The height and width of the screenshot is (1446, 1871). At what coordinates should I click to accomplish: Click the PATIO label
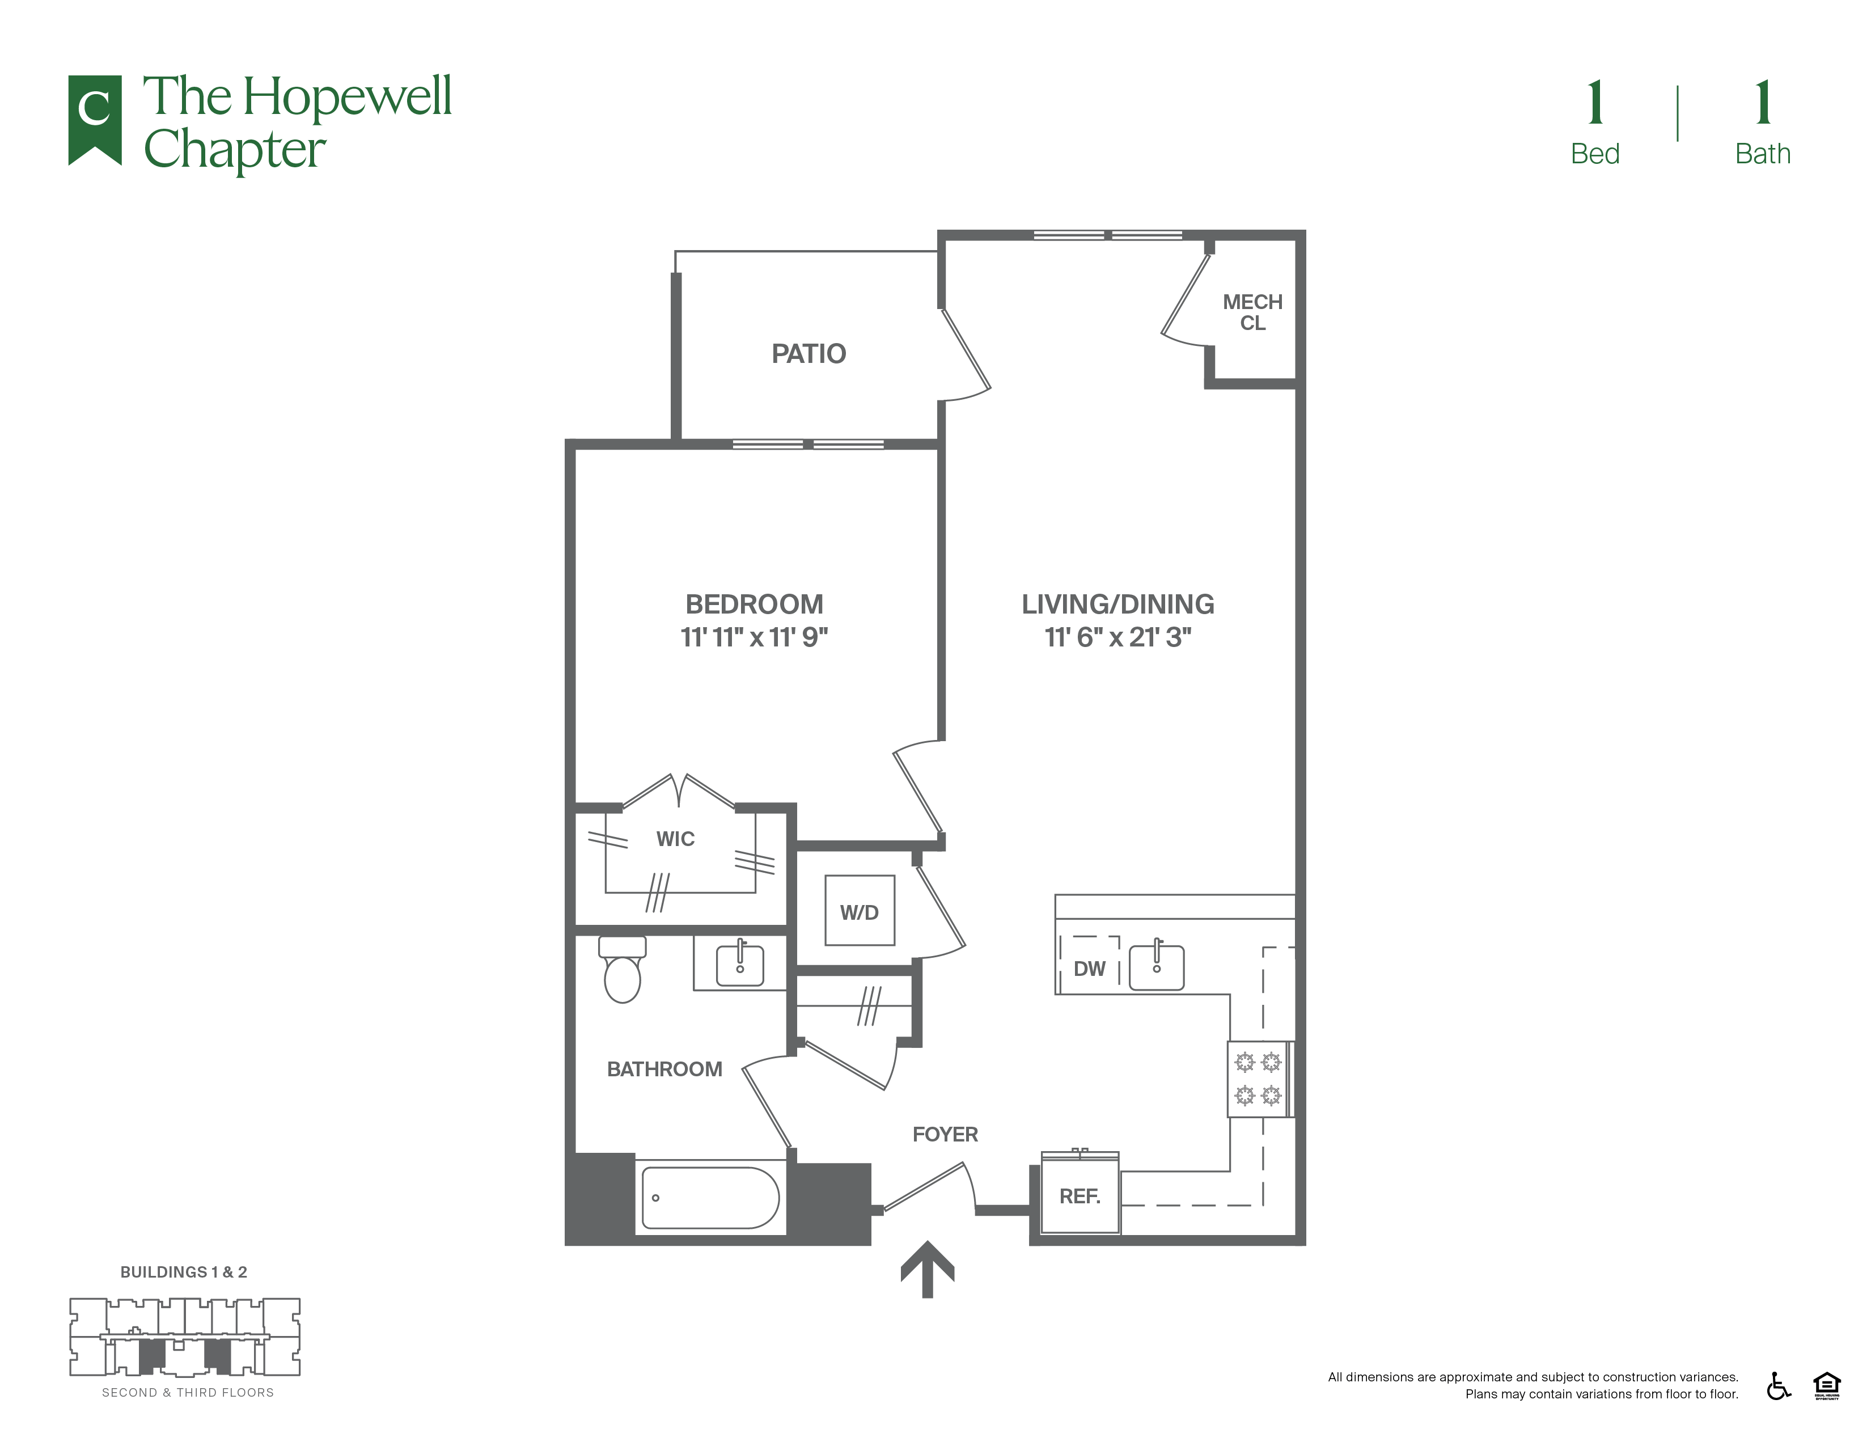[x=808, y=354]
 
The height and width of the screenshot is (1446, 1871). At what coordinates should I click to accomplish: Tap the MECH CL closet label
[x=1252, y=312]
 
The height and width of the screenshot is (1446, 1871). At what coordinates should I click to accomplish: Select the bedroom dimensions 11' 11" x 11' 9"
[x=754, y=637]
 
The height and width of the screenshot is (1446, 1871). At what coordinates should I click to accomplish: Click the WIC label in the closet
[x=675, y=839]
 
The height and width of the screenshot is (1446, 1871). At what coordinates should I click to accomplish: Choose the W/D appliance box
[x=860, y=911]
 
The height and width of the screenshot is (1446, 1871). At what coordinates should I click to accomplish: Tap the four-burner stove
[x=1258, y=1079]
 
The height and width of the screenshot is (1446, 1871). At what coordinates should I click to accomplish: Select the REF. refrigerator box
[x=1080, y=1196]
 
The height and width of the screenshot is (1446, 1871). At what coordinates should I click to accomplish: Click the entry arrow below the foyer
[x=927, y=1270]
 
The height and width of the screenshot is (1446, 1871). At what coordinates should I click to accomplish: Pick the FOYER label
[x=945, y=1134]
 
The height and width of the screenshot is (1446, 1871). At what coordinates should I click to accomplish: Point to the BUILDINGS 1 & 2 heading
[x=183, y=1272]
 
